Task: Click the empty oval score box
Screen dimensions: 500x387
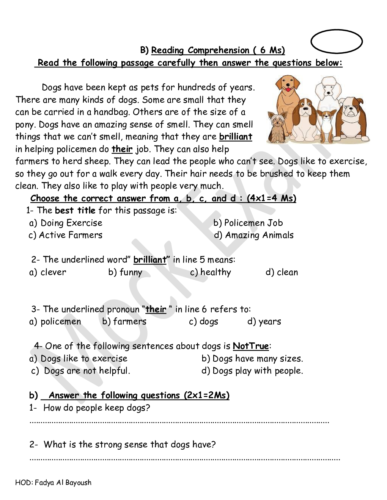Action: (337, 41)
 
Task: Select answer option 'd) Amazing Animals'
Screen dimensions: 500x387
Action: (254, 235)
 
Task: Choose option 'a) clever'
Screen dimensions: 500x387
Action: (48, 272)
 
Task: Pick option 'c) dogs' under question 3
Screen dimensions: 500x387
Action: (204, 322)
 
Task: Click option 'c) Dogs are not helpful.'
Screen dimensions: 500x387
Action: (81, 371)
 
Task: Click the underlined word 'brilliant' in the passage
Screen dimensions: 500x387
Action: (236, 137)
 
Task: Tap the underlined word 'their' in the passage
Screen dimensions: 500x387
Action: (122, 149)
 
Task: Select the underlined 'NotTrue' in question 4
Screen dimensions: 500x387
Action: (251, 346)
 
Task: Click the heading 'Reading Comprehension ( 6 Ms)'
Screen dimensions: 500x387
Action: (218, 50)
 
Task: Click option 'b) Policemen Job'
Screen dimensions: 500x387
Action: (248, 223)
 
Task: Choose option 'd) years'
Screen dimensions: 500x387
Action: (264, 322)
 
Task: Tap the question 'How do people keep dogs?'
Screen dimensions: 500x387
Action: (97, 408)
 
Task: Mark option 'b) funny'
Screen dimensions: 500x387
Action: (125, 272)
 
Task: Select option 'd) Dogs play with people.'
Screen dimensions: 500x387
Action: (252, 371)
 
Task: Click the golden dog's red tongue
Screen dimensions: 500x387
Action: (290, 90)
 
